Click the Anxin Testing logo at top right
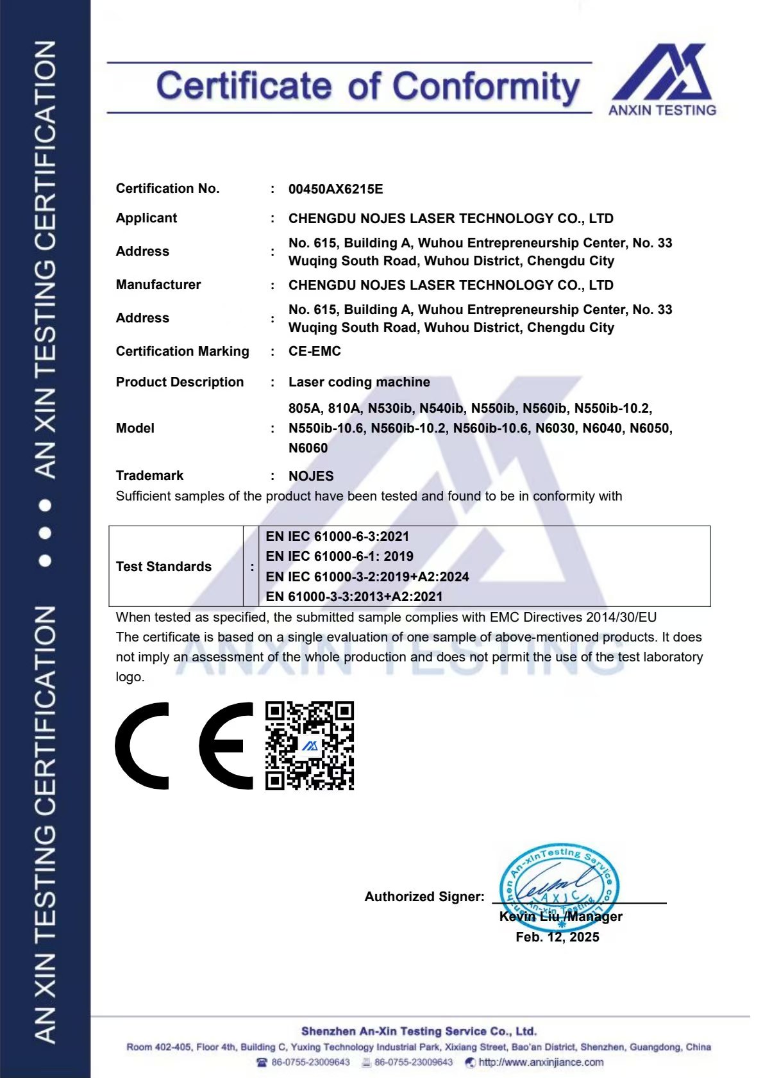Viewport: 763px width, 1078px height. (662, 79)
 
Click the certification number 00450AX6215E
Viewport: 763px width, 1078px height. (335, 189)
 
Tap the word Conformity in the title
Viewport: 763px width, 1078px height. (486, 87)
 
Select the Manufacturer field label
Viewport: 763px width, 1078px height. (158, 285)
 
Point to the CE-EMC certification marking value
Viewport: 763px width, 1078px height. (314, 351)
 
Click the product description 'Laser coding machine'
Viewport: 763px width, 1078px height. (359, 382)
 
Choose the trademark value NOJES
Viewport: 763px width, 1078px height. (311, 476)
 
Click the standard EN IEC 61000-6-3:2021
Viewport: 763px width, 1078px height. (337, 536)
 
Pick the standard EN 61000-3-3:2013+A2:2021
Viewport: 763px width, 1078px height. (354, 597)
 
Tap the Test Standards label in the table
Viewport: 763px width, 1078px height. (163, 567)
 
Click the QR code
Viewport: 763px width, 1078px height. (310, 745)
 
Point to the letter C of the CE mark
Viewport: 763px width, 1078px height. (143, 745)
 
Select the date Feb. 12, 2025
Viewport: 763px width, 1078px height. (557, 937)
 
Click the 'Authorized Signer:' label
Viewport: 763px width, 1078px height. (424, 897)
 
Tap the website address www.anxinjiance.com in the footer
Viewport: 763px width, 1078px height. (541, 1063)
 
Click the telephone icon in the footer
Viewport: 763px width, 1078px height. (262, 1063)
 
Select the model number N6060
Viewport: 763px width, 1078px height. (308, 448)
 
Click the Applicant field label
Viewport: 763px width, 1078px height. (146, 218)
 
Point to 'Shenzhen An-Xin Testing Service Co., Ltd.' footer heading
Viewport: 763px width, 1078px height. (419, 1031)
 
